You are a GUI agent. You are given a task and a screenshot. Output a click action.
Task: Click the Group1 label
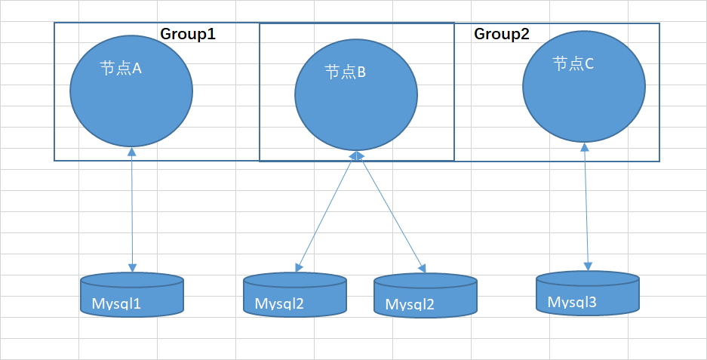188,34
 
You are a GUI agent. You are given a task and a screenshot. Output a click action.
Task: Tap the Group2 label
502,34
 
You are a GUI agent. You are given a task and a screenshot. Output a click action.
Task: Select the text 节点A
121,69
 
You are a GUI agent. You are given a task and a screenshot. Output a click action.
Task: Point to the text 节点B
346,72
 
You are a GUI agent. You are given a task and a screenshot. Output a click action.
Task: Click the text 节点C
573,64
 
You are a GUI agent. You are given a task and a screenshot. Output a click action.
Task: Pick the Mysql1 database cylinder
131,294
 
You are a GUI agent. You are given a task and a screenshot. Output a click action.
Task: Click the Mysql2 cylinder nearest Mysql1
295,294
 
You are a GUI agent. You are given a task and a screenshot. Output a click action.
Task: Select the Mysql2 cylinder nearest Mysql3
426,295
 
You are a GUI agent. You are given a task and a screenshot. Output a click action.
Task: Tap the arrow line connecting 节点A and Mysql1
131,209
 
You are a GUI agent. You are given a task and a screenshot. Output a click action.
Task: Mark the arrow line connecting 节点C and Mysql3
586,207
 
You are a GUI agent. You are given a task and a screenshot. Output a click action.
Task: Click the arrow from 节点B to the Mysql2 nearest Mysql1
325,211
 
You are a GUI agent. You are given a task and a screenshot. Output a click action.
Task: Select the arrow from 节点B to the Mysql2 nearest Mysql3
391,212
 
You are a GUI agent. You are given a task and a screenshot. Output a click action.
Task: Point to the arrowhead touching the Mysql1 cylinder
132,268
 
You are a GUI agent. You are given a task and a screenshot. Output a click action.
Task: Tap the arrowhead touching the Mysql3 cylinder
588,266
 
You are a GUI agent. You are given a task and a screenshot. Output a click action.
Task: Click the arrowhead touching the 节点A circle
131,151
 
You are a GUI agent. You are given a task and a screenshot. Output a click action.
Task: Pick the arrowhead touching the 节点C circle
585,147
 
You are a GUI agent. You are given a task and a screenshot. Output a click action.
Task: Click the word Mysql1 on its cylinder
116,303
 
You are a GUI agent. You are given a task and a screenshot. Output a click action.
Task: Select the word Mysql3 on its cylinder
572,302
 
